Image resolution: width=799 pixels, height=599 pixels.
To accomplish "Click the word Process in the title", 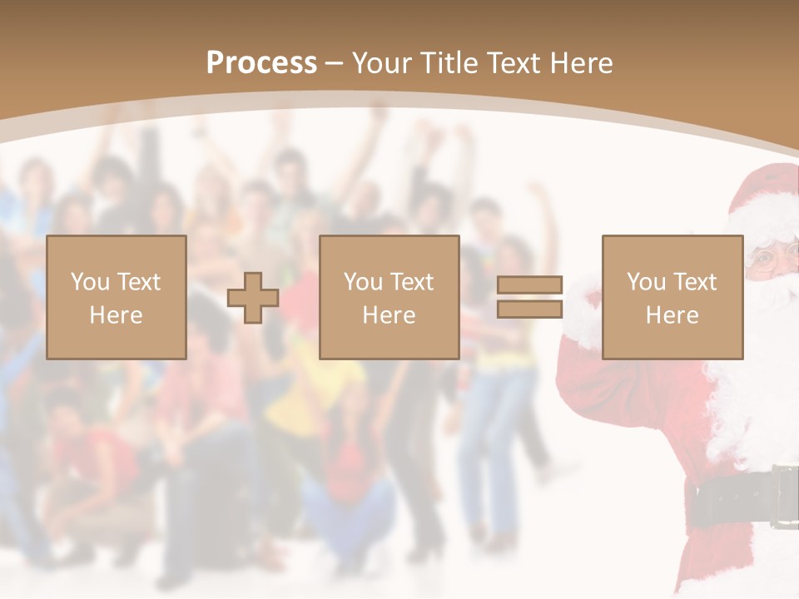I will pos(261,63).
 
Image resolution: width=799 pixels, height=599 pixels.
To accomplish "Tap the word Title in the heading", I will pos(450,63).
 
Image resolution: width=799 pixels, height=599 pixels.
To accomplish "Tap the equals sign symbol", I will pos(529,297).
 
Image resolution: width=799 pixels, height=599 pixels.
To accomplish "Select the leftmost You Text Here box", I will pos(117,297).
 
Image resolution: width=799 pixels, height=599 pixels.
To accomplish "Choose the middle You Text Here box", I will pos(390,297).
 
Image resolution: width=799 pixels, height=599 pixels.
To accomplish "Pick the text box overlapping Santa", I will pos(672,297).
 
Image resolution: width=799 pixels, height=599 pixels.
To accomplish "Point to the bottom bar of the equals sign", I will pos(529,309).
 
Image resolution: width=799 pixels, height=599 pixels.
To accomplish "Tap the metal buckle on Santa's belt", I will pos(785,497).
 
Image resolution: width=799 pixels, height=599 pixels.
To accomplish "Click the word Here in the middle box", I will pos(390,315).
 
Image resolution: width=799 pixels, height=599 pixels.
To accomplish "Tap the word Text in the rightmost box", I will pos(693,282).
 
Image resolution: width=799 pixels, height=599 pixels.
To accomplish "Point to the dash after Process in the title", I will pos(334,63).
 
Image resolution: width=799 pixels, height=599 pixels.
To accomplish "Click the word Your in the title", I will pos(383,63).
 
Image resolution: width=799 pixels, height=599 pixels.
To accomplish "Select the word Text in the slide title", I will pos(512,63).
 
